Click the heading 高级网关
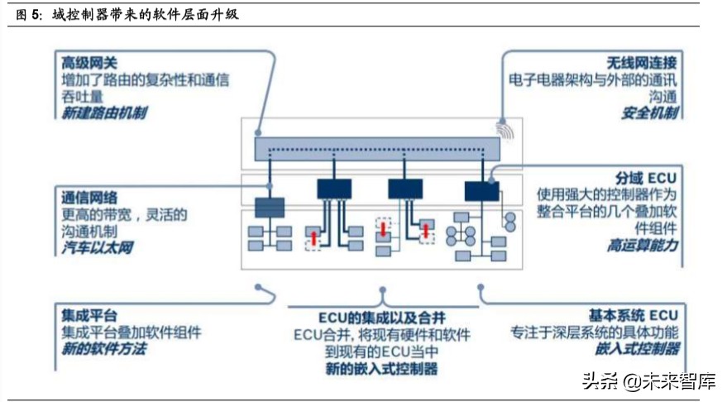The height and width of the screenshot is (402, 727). click(88, 62)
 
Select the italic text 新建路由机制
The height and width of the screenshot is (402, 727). click(103, 112)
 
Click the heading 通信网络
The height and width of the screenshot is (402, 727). click(88, 197)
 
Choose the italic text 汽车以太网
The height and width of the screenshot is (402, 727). click(97, 247)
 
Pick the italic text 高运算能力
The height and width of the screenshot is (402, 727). click(642, 246)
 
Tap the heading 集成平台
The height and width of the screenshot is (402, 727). click(88, 316)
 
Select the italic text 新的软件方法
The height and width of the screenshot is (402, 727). click(103, 349)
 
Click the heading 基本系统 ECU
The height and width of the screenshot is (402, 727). click(634, 316)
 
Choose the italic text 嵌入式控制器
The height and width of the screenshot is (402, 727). click(637, 349)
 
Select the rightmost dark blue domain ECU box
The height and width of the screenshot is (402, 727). click(481, 191)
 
